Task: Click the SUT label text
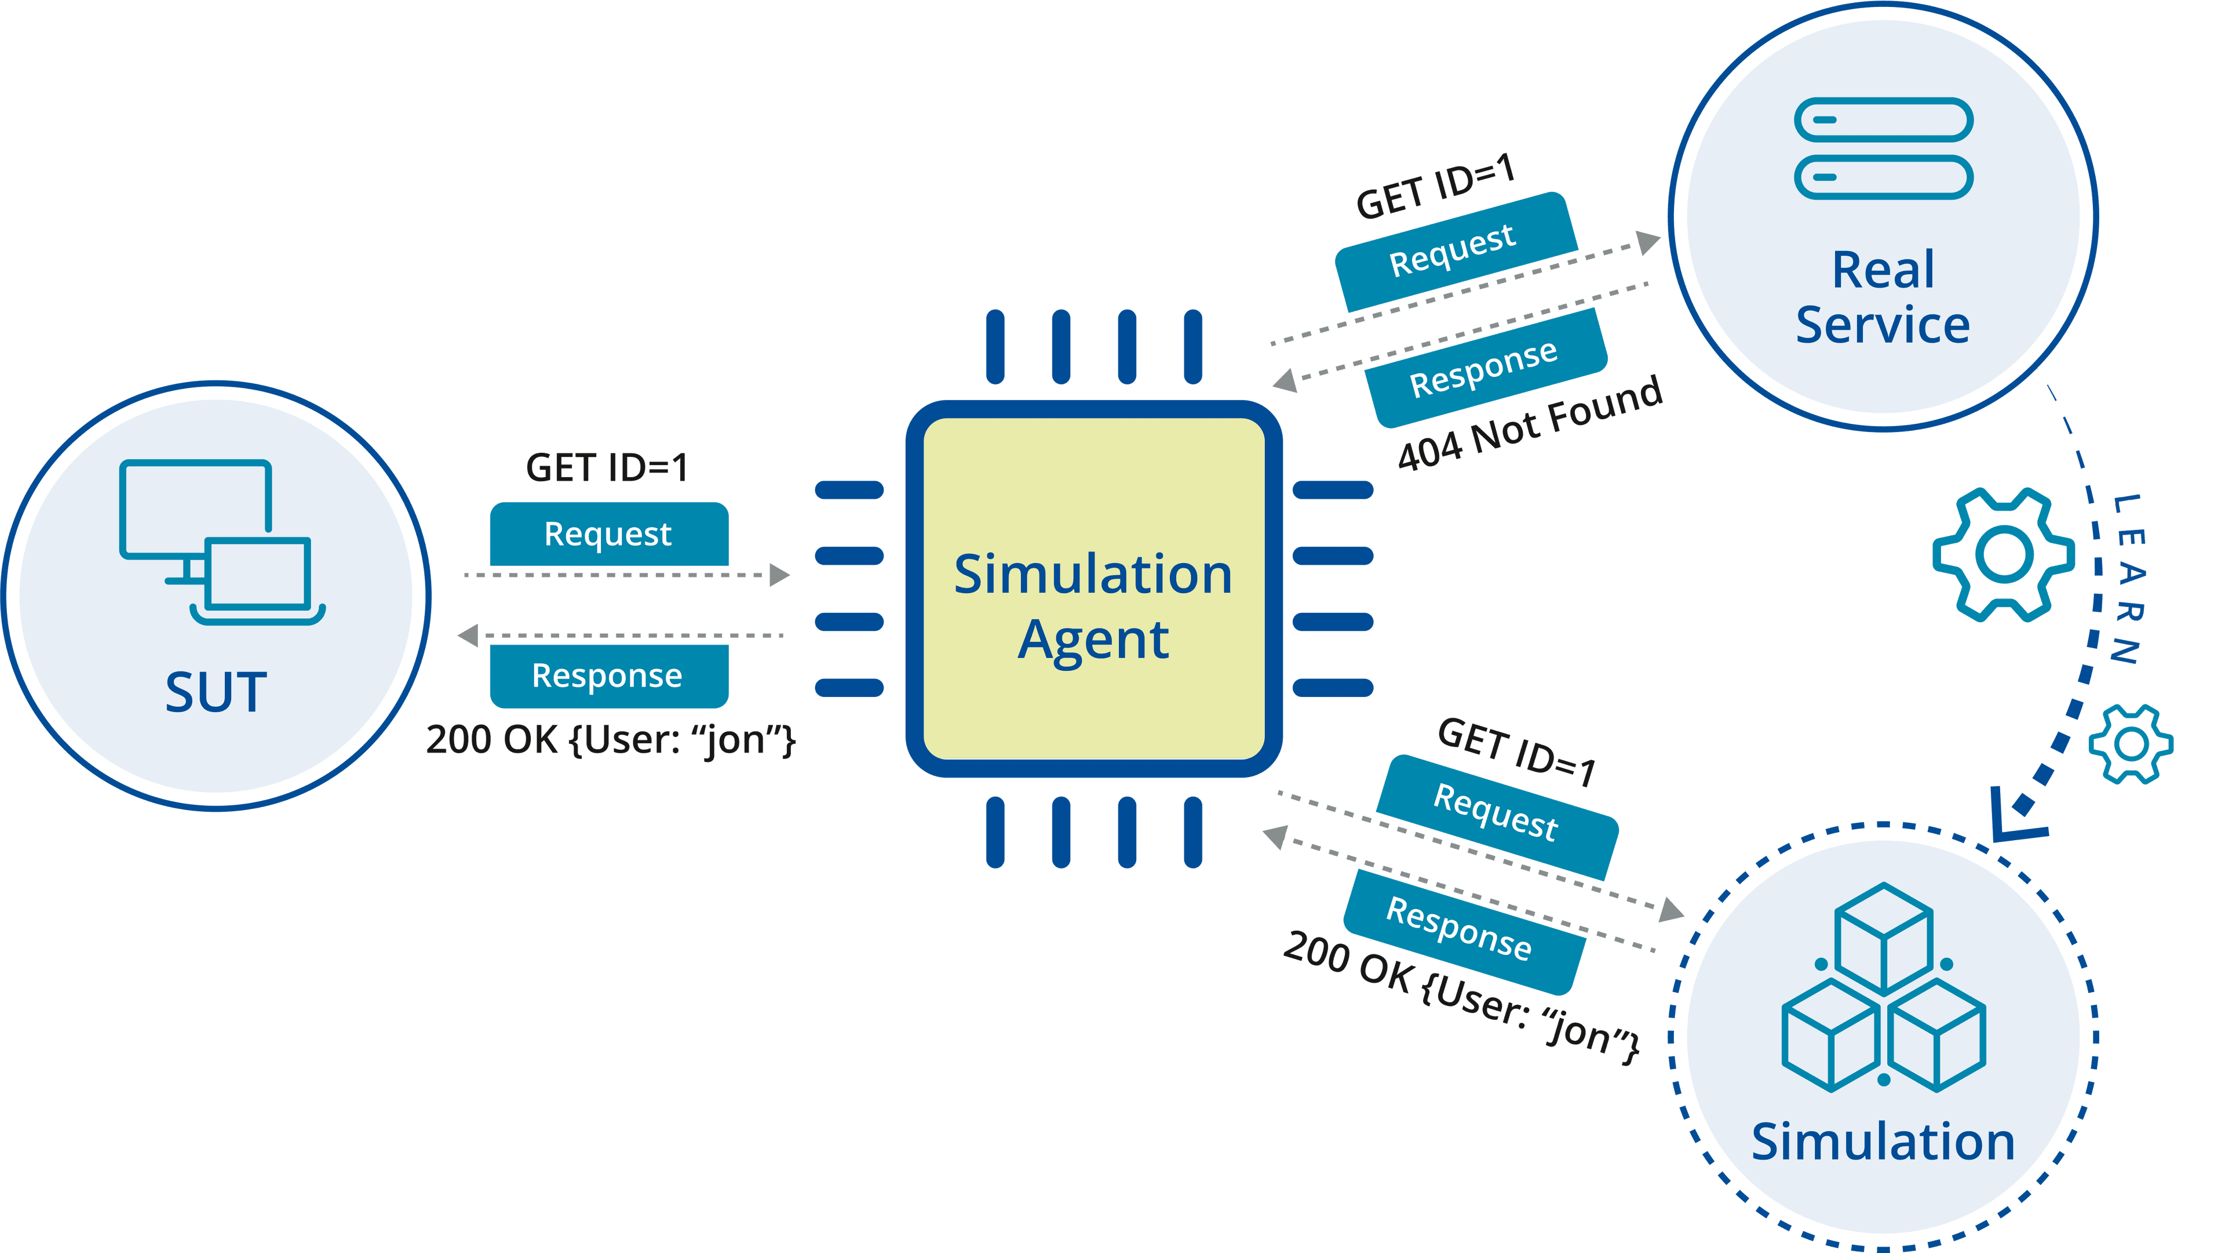(216, 692)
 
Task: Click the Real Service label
(1883, 296)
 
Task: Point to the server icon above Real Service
(1883, 148)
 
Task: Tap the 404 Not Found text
(1530, 423)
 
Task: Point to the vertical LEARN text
(2128, 579)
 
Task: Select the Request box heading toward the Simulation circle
(1497, 814)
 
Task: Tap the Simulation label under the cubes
(1883, 1142)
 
